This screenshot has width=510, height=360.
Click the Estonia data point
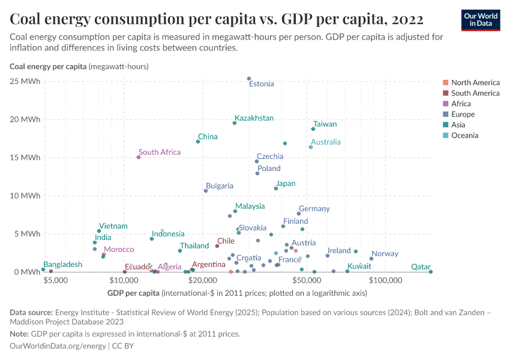[x=249, y=79]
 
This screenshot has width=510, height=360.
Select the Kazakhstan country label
[x=254, y=118]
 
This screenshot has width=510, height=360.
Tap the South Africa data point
[x=139, y=157]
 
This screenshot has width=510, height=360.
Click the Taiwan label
[x=325, y=124]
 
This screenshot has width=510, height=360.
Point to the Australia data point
[x=311, y=147]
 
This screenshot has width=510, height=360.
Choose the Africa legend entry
[x=461, y=104]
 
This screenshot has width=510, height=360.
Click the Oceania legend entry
[x=464, y=136]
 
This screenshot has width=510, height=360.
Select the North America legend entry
[x=475, y=83]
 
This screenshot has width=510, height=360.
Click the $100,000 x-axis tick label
[x=385, y=279]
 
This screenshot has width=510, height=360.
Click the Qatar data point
[x=431, y=272]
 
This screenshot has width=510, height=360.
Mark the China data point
[x=198, y=142]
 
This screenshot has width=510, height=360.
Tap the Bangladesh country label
[x=63, y=265]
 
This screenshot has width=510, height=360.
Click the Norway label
[x=385, y=254]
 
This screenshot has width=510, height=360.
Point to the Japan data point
[x=276, y=188]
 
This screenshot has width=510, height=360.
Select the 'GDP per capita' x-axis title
[x=133, y=293]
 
